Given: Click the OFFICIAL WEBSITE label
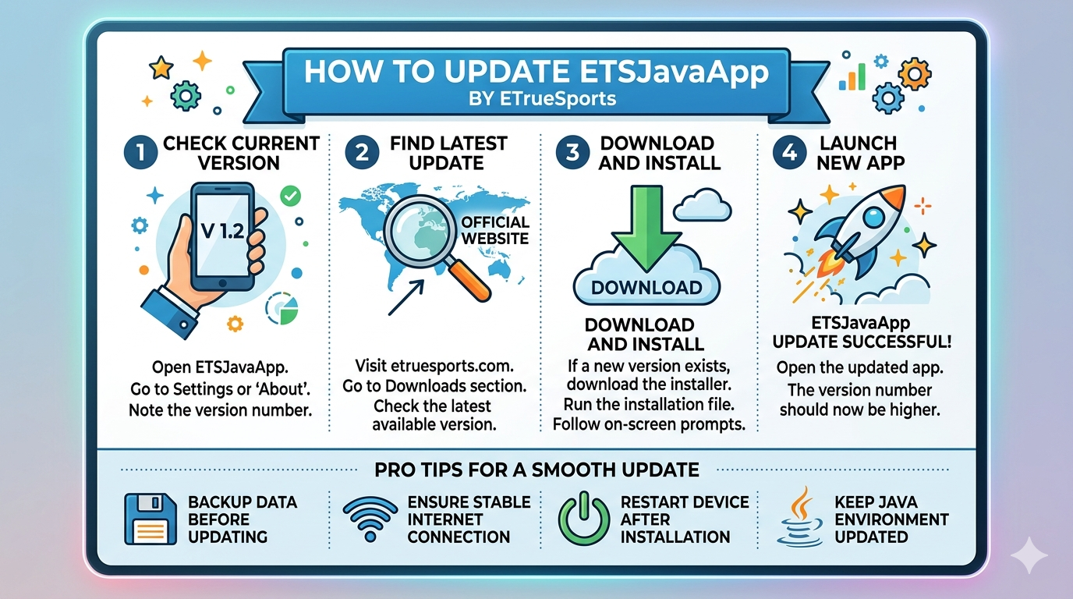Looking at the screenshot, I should tap(494, 230).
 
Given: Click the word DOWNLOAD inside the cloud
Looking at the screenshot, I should tap(646, 288).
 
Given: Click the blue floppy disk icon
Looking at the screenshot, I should tap(151, 519).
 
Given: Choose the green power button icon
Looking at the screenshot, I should tap(583, 519).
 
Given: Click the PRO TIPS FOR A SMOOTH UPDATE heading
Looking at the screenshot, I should tap(536, 470).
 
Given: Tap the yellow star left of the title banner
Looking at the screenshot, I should tap(161, 69).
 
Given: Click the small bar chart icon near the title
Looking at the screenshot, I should tap(852, 76).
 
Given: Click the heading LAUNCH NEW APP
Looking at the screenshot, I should tap(859, 153).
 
